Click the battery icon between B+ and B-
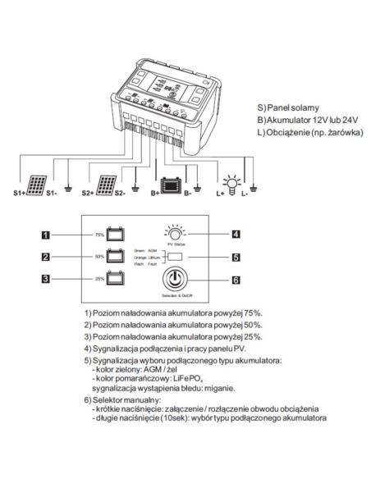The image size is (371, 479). point(171,187)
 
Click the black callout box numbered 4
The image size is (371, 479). point(235,234)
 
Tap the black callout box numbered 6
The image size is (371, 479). point(235,280)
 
